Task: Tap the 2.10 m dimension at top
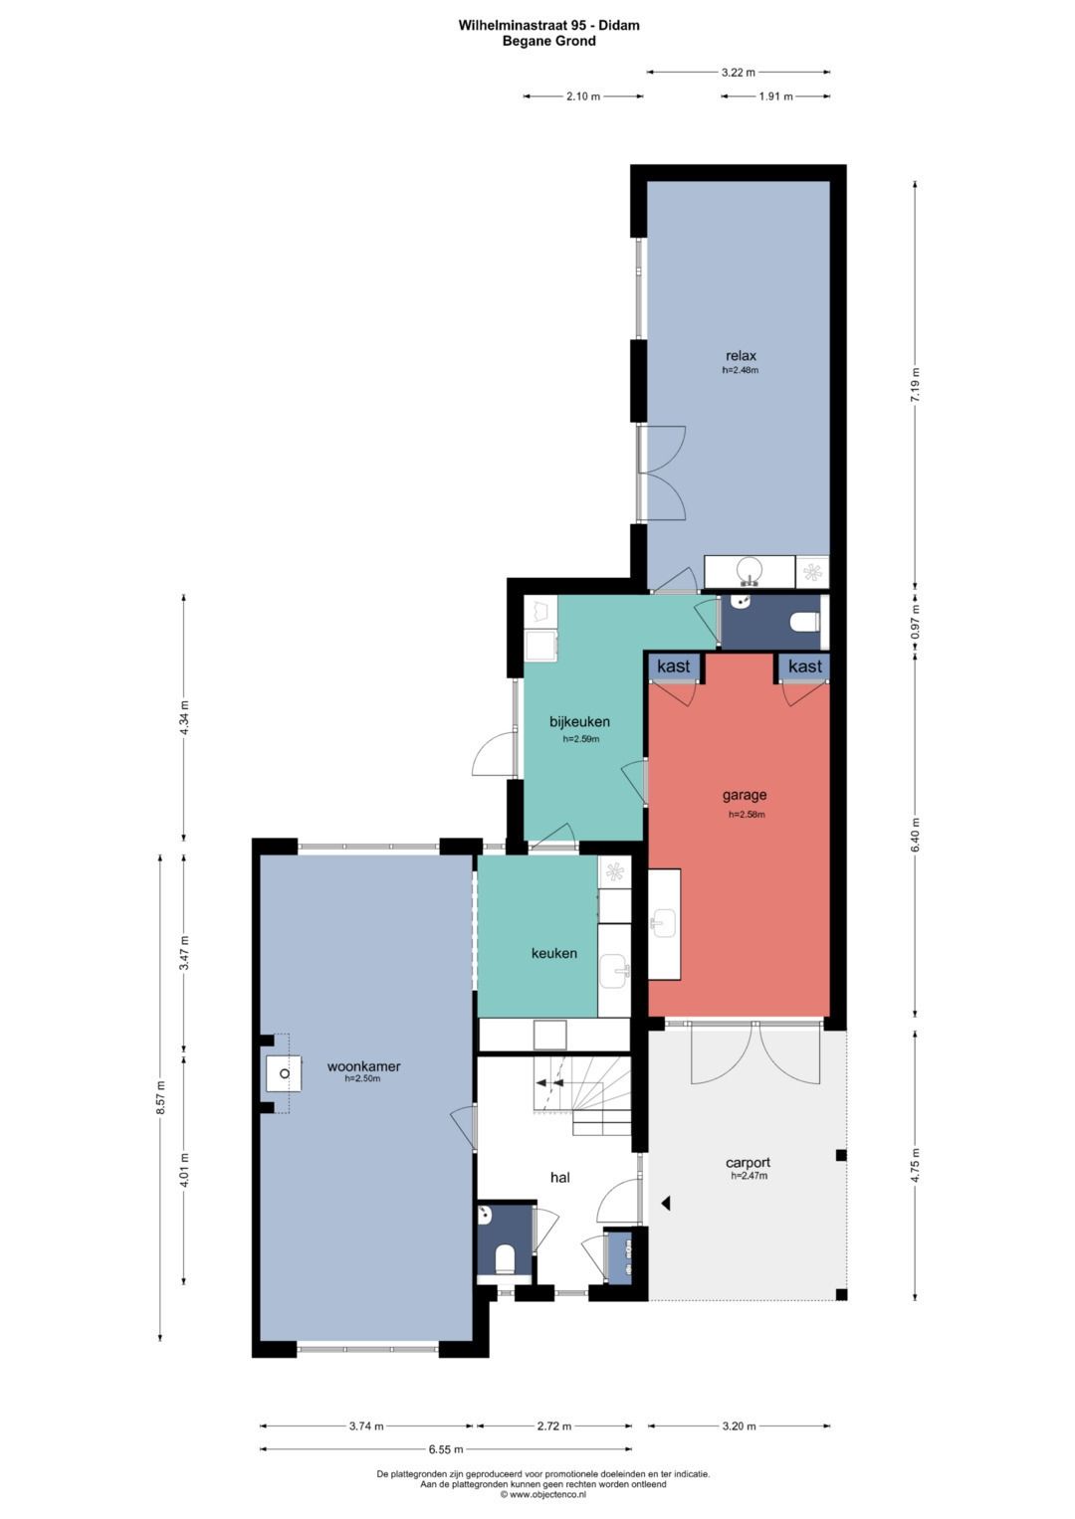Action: click(x=583, y=96)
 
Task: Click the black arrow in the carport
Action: click(x=667, y=1203)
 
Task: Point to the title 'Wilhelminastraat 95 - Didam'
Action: click(x=549, y=26)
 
